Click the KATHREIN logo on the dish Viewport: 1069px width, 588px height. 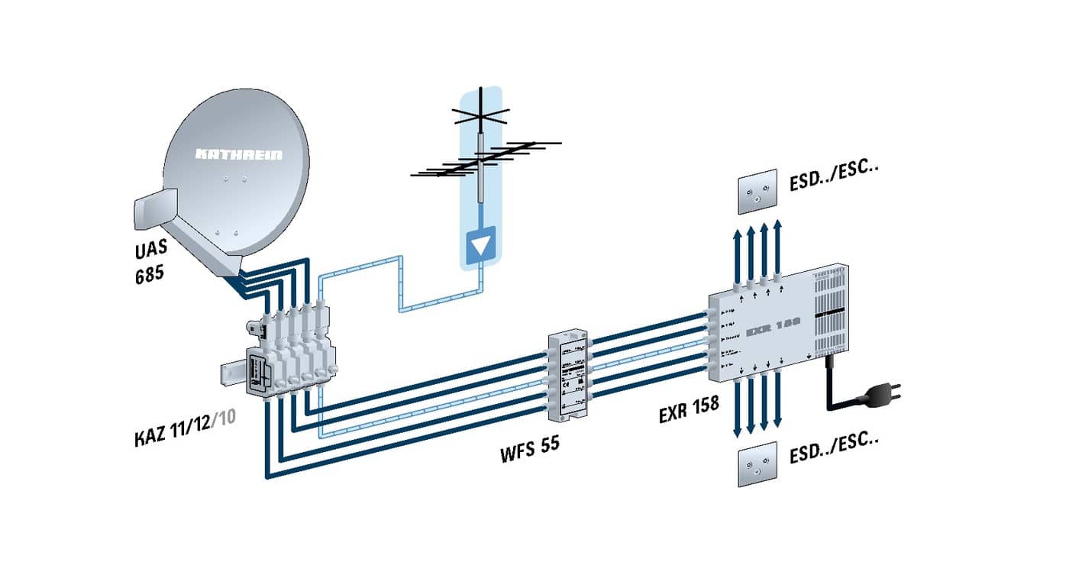click(x=238, y=155)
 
